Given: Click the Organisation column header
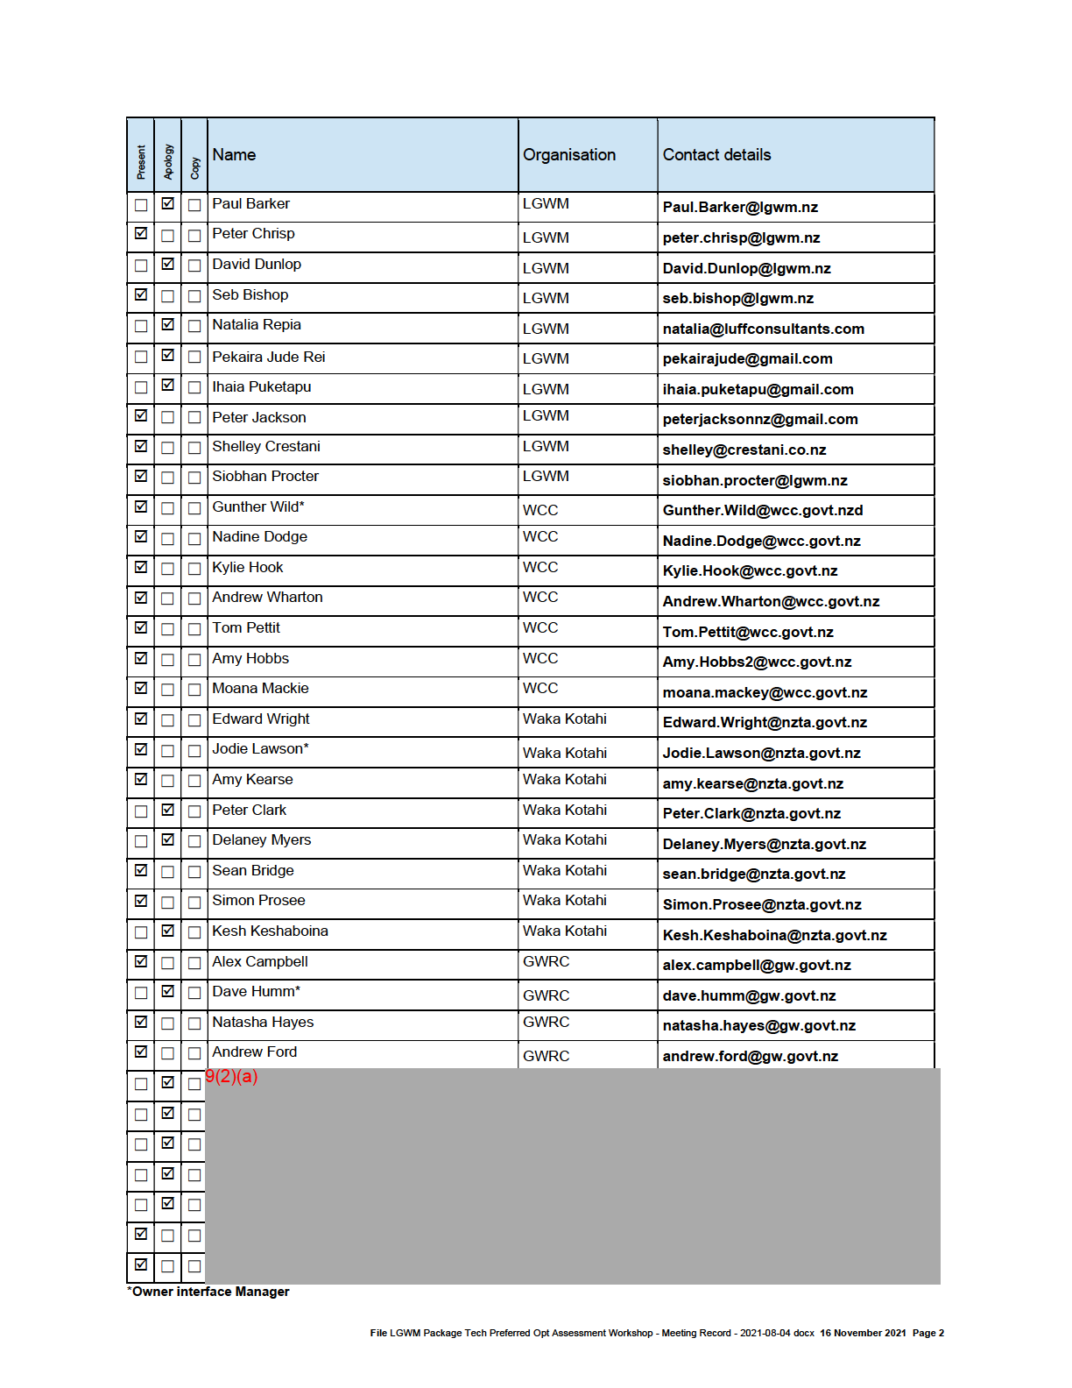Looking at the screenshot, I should click(569, 155).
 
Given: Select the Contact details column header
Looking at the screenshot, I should click(716, 155).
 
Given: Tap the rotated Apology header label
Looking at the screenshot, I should click(168, 162).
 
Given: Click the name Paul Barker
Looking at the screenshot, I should click(250, 204).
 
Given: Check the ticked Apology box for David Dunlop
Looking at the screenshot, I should click(167, 264).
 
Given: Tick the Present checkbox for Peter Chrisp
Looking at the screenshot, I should click(141, 234).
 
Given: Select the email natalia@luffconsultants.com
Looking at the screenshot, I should click(763, 329).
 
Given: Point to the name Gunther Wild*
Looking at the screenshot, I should click(258, 507).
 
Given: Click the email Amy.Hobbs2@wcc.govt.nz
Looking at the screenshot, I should click(757, 662).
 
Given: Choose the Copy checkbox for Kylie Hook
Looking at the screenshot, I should click(194, 569).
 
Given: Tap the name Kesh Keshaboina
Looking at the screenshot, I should click(270, 931).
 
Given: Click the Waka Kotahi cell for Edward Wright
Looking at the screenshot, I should click(564, 719).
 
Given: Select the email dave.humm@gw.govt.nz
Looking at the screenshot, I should click(749, 996).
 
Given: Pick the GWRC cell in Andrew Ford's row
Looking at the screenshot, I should click(546, 1057).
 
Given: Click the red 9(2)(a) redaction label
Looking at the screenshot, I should click(231, 1077).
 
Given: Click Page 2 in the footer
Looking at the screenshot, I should click(927, 1334).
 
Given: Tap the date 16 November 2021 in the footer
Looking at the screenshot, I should click(863, 1334).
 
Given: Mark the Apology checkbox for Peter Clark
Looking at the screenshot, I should click(167, 810).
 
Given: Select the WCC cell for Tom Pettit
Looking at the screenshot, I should click(540, 628).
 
